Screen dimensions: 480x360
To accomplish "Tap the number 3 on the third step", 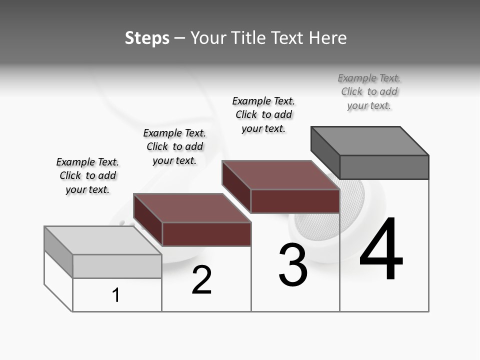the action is coord(293,265).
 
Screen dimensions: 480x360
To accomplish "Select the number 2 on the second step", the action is coord(202,280).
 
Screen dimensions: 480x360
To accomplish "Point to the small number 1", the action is coord(116,295).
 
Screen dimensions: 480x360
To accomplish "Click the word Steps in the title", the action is coord(147,38).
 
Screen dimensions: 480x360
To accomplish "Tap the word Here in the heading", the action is coord(328,38).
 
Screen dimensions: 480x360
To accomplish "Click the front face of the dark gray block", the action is coord(384,167).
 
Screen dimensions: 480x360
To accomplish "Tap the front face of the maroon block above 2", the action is coord(206,234).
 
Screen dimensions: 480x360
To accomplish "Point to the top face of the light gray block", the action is coord(103,240).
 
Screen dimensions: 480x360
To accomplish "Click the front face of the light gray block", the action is coord(117,266).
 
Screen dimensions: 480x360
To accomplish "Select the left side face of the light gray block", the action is coord(58,251).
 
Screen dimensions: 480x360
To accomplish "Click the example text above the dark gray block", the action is coord(369,92).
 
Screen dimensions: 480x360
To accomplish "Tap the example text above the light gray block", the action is coord(87,175).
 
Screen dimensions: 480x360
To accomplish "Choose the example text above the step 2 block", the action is coord(174,146).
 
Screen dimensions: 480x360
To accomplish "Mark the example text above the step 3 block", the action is coord(263,114).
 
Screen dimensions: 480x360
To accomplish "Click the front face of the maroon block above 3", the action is coord(295,201).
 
